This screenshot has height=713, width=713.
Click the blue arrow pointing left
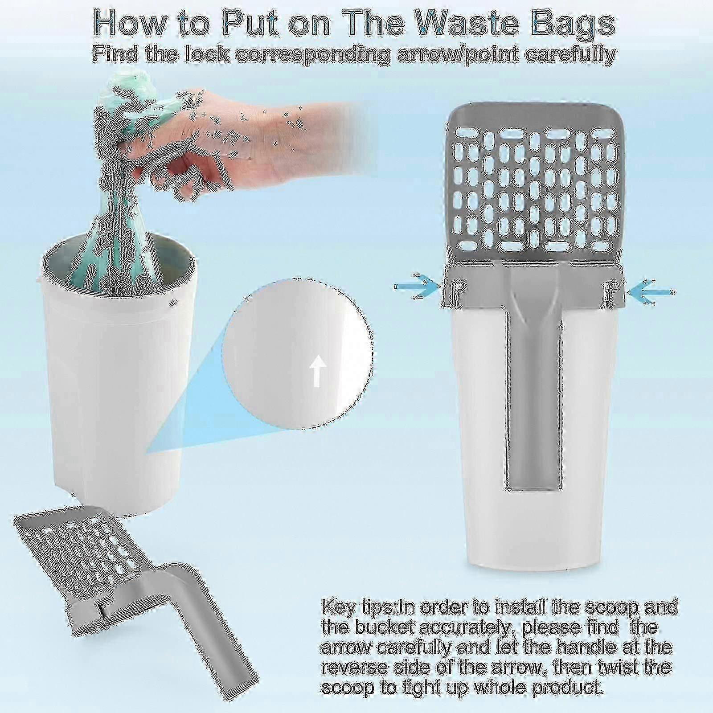(650, 291)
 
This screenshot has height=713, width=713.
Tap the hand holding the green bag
(209, 129)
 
